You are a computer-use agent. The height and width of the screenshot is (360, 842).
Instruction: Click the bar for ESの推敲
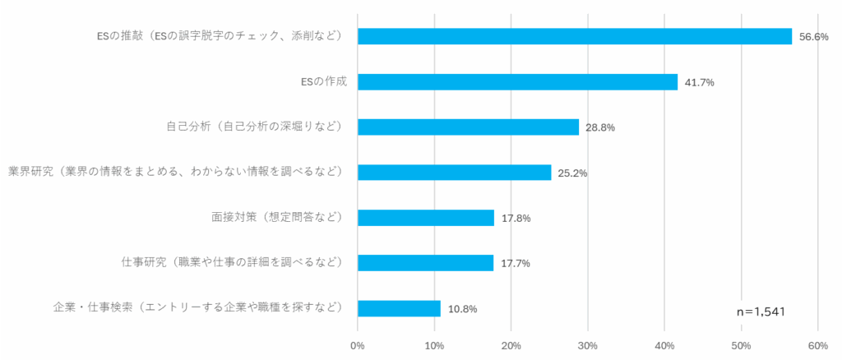coord(574,36)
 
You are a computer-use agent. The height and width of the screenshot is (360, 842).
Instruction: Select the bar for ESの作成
coord(517,81)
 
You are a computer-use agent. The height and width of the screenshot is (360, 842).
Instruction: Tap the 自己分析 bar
coord(468,127)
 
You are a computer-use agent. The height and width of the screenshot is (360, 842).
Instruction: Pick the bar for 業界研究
coord(454,172)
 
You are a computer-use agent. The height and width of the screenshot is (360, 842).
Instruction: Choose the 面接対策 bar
coord(426,218)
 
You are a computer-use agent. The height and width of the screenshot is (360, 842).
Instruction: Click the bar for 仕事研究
coord(425,263)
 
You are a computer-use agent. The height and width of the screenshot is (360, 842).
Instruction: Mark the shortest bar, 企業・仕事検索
coord(399,308)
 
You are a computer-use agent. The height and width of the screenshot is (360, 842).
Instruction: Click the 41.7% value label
coord(700,82)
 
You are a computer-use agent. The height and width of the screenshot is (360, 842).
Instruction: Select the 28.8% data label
coord(600,127)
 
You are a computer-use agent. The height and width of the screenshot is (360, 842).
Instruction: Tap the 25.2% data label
coord(572,173)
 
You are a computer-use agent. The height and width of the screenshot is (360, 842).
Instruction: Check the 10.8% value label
coord(462,309)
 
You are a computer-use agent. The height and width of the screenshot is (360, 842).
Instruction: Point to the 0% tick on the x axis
coord(358,346)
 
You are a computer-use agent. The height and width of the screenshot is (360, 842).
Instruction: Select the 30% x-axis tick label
coord(588,346)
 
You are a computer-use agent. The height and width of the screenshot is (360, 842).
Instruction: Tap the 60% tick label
coord(818,346)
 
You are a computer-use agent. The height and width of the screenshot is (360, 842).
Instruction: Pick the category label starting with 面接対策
coord(276,218)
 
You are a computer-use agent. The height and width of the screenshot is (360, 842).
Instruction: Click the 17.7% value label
coord(516,264)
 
